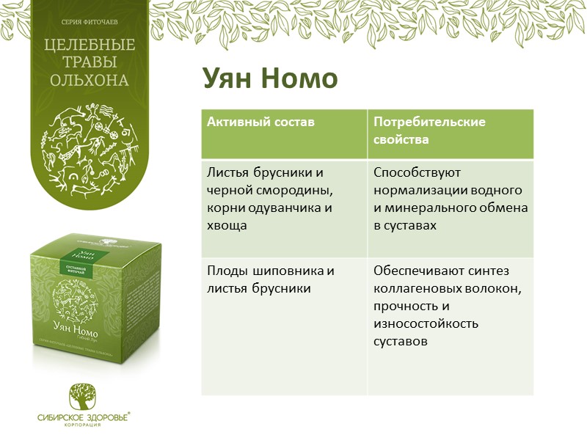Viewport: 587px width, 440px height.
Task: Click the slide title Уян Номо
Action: tap(269, 79)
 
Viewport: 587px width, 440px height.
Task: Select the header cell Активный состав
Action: tap(260, 122)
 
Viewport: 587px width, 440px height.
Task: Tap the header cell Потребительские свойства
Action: tap(429, 130)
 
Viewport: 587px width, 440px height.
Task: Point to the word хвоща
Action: tap(227, 226)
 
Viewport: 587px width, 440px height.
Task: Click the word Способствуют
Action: tap(416, 173)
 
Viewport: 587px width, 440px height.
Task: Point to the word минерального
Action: tap(422, 208)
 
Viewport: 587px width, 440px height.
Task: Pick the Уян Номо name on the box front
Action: tap(78, 326)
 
